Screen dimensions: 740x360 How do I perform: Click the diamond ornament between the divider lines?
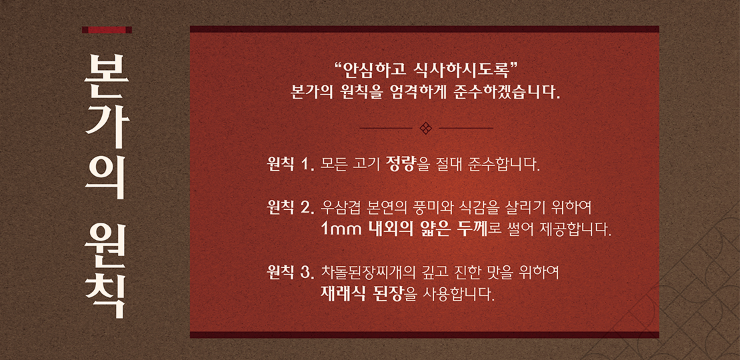tap(426, 128)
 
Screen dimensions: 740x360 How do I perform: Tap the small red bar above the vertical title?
tap(107, 30)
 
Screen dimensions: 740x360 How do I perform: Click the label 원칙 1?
tap(290, 165)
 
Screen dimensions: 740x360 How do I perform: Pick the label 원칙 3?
tap(290, 272)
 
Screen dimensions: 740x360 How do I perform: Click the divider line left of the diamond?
tap(386, 128)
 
